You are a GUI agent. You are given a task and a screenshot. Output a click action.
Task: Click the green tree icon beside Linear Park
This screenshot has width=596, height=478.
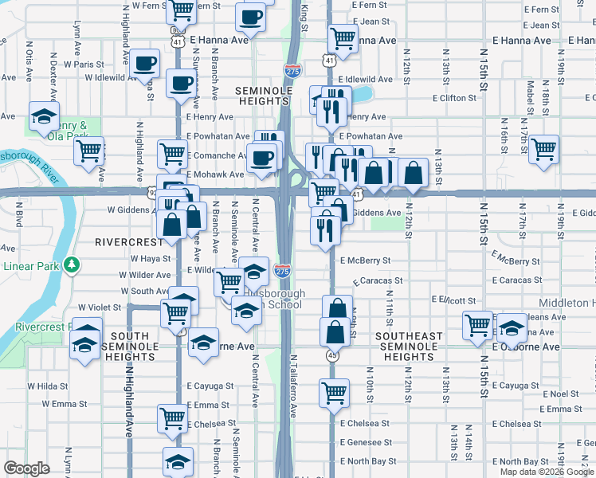pos(72,263)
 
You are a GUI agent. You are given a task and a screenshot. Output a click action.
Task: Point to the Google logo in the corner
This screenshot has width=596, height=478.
pos(26,468)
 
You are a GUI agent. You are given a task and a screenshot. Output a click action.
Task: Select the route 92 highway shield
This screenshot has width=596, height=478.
pos(152,192)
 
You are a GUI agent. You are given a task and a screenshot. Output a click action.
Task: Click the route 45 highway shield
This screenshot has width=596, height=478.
pos(332,356)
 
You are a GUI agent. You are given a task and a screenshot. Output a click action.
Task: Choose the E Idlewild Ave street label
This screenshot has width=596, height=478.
pos(366,80)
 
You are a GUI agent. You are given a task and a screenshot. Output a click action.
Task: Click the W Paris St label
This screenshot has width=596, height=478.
pos(84,64)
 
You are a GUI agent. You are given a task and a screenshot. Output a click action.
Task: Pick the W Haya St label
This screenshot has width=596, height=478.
pos(151,259)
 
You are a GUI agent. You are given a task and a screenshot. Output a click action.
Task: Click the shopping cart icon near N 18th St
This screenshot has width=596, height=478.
pos(543,149)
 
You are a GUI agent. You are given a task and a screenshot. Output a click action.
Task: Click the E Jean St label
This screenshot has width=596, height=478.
pos(369,22)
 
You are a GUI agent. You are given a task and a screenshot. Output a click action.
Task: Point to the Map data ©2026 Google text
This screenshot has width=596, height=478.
pos(546,472)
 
